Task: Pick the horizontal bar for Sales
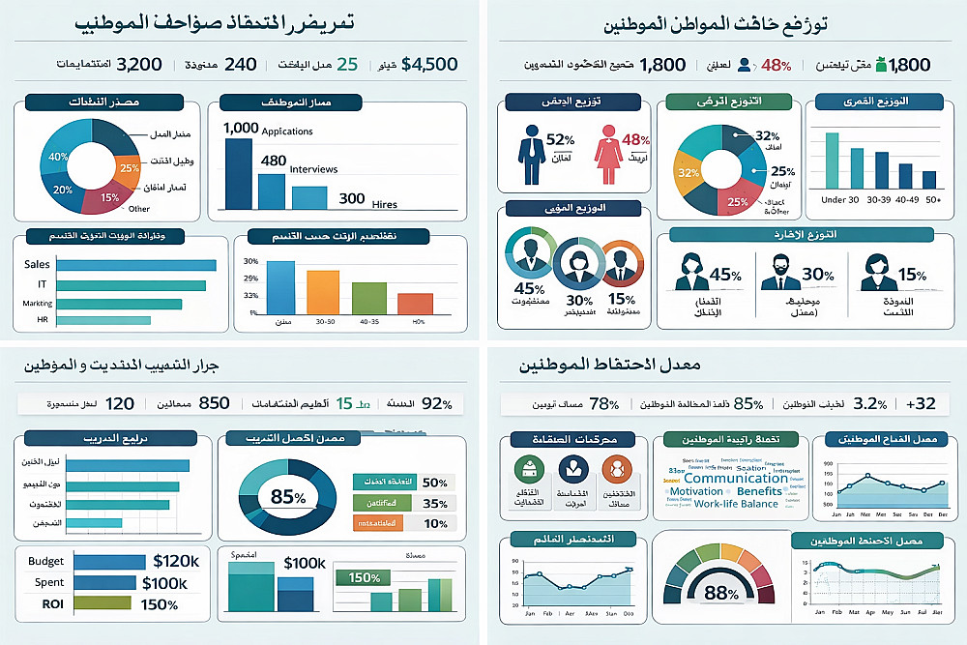point(136,264)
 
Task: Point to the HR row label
point(43,319)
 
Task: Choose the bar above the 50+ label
point(929,179)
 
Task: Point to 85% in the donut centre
point(287,497)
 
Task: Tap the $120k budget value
point(176,561)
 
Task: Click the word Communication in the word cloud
point(736,478)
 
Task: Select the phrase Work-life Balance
point(736,504)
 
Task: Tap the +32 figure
point(921,403)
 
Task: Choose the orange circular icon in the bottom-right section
point(615,470)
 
